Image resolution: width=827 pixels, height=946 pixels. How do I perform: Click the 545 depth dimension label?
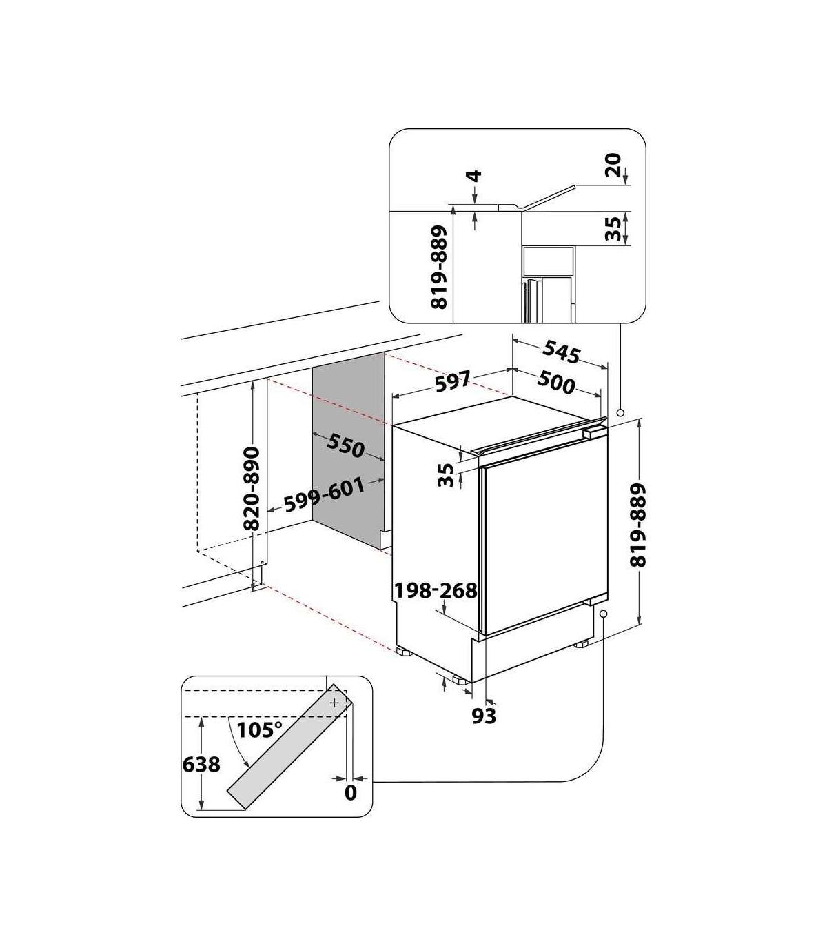561,353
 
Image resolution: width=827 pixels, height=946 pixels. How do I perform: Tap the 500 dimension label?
556,383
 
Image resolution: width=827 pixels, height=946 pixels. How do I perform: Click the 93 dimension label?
484,716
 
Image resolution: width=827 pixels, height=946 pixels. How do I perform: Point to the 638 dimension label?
201,764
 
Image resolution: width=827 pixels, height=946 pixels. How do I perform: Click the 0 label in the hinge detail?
350,793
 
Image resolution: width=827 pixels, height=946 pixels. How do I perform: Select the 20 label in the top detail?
613,165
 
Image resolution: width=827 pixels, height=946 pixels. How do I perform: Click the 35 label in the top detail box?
613,228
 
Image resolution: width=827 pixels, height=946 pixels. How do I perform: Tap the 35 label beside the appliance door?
446,474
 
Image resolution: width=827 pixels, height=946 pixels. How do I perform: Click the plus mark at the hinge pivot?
334,703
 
